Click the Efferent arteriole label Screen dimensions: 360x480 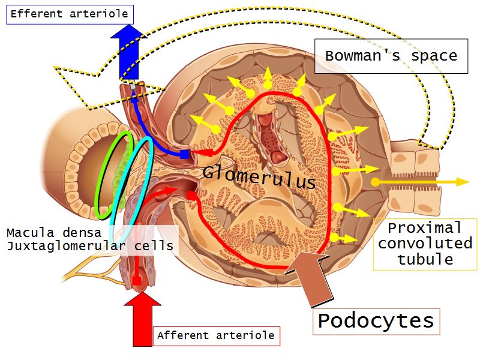pos(69,13)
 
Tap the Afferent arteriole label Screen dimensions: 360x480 pos(215,335)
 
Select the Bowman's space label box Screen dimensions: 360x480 pos(391,56)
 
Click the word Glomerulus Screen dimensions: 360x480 pos(259,176)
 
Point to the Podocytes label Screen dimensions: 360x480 pos(376,321)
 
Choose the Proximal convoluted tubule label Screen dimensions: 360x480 pos(425,244)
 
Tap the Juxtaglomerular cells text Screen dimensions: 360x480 pos(89,245)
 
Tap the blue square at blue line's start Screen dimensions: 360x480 pos(185,155)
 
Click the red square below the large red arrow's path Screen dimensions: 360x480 pos(137,280)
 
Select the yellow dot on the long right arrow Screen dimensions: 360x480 pos(375,181)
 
